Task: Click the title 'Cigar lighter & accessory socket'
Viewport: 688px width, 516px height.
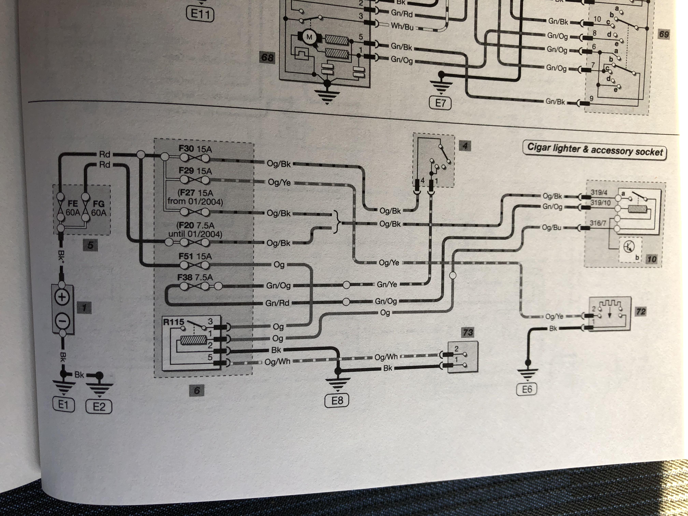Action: tap(595, 150)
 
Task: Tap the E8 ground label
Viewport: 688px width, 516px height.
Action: tap(337, 400)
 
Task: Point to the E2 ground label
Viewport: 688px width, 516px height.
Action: tap(99, 406)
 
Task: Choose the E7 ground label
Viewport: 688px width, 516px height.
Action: tap(440, 103)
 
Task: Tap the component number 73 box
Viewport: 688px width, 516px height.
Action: tap(468, 333)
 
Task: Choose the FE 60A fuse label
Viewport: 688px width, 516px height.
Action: tap(73, 208)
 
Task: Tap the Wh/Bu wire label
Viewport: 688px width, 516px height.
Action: tap(402, 26)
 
